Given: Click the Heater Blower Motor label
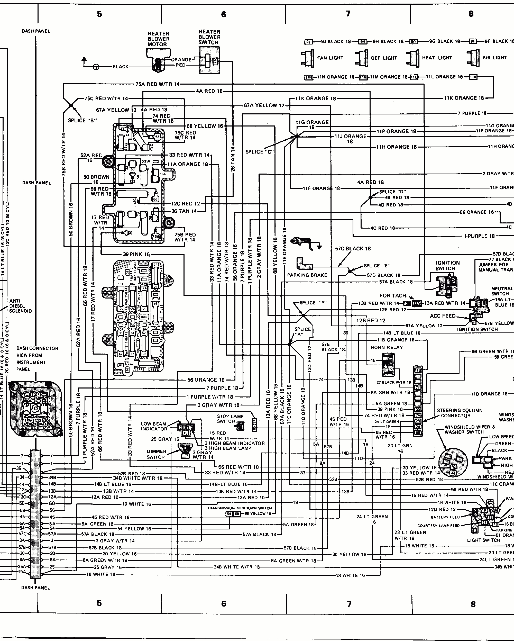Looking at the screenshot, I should (158, 39).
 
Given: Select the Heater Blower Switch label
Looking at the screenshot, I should (209, 37).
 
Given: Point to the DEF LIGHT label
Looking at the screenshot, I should (384, 58).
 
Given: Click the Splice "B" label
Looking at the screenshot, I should (81, 120).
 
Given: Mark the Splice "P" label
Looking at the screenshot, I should (313, 303).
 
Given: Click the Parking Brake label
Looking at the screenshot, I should (307, 275).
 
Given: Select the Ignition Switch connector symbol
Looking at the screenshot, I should (447, 287).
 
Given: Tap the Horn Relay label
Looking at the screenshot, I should (387, 347).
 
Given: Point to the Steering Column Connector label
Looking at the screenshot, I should (459, 413).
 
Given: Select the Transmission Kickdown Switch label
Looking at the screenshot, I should (240, 508).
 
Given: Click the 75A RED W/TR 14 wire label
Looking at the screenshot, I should (158, 84).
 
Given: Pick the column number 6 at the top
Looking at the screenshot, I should (223, 14).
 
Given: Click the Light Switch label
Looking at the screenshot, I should (483, 540).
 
